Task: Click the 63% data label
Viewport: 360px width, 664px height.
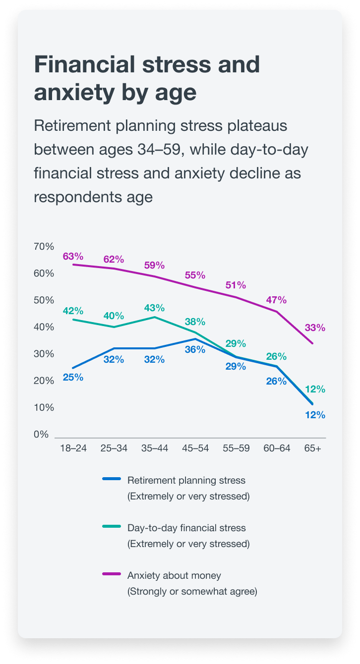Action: tap(73, 256)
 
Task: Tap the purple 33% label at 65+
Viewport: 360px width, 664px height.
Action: tap(315, 328)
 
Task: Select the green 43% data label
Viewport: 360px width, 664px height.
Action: tap(154, 308)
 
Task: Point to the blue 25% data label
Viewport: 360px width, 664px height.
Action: tap(73, 377)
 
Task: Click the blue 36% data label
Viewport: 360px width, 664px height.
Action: tap(195, 349)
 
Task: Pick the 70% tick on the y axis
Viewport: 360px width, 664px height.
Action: tap(44, 247)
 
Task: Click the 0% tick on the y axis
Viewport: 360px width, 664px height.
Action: tap(41, 435)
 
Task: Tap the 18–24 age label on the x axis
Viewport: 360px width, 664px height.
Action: tap(73, 448)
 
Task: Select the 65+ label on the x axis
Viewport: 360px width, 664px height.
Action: tap(313, 448)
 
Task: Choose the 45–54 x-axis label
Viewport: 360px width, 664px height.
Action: tap(195, 448)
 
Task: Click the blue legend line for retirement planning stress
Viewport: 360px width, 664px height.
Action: tap(112, 479)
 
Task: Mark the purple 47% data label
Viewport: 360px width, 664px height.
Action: tap(276, 300)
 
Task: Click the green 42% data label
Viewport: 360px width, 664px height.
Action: tap(73, 311)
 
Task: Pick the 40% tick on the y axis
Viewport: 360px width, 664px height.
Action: tap(44, 327)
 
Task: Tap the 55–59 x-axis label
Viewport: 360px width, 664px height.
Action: tap(236, 448)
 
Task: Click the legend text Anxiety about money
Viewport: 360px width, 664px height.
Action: tap(174, 576)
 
